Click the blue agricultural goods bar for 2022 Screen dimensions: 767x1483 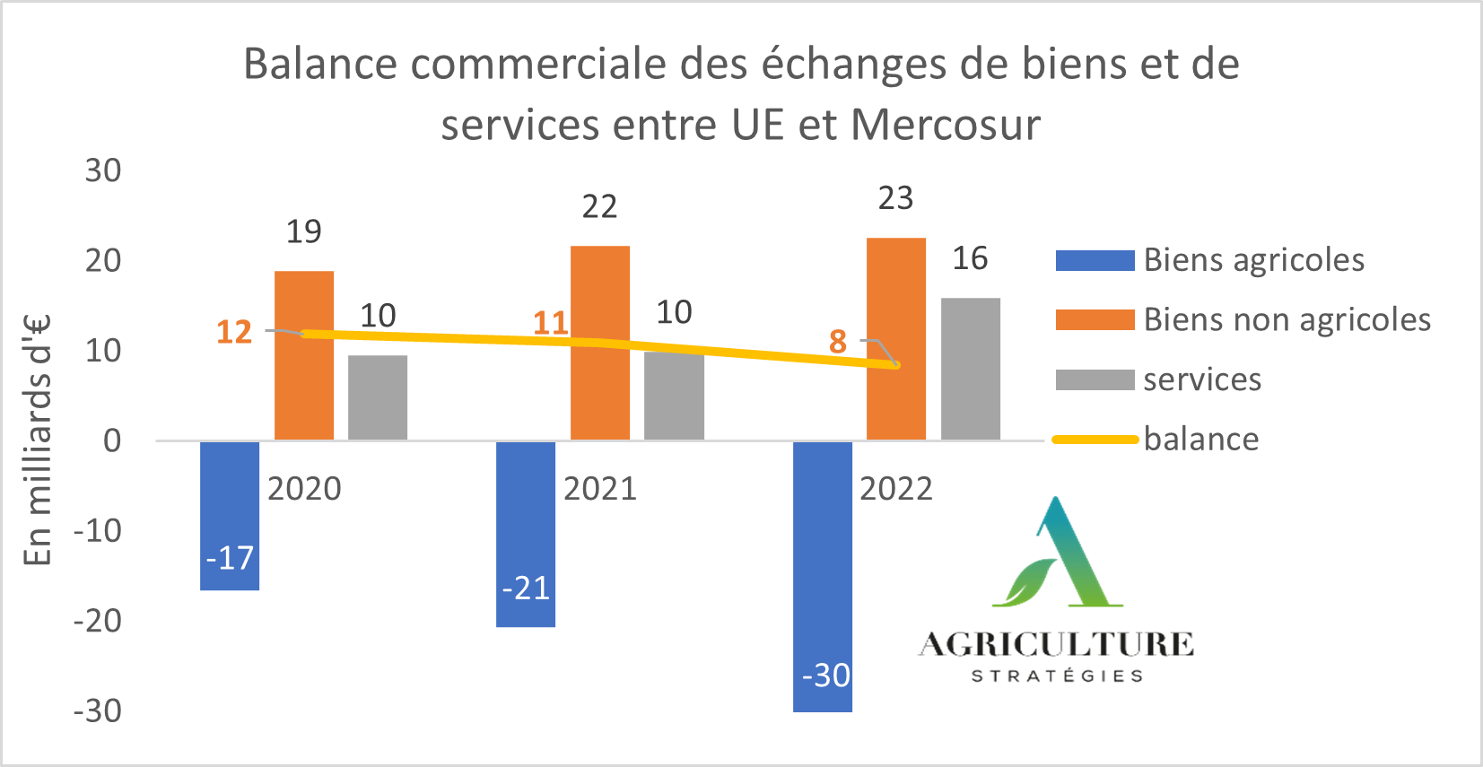click(822, 574)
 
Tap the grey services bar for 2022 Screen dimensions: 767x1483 click(970, 368)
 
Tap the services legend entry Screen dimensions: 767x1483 click(1201, 379)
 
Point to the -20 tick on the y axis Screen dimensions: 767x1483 click(97, 621)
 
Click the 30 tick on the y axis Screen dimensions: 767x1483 click(103, 170)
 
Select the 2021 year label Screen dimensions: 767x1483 click(600, 489)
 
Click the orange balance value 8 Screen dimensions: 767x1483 click(838, 342)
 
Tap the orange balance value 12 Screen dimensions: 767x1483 click(234, 333)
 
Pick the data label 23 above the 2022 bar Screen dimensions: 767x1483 click(895, 198)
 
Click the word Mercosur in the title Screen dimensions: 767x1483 click(946, 125)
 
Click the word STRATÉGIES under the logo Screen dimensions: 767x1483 click(1057, 675)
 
